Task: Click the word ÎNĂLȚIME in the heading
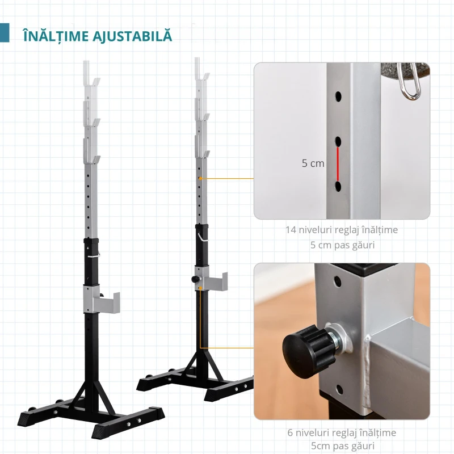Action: [56, 36]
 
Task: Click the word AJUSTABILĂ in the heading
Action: [132, 35]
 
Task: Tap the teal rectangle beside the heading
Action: [5, 33]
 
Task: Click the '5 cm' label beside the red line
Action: [313, 163]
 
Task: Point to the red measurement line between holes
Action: [338, 163]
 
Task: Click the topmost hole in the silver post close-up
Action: [338, 96]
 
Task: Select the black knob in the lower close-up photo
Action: [308, 351]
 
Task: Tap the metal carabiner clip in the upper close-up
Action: [408, 82]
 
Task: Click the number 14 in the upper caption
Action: [291, 230]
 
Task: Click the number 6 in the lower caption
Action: [290, 433]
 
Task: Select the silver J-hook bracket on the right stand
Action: [211, 279]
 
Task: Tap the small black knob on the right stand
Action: [196, 279]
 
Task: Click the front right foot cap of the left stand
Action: [102, 432]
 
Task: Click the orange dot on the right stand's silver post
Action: [200, 178]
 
